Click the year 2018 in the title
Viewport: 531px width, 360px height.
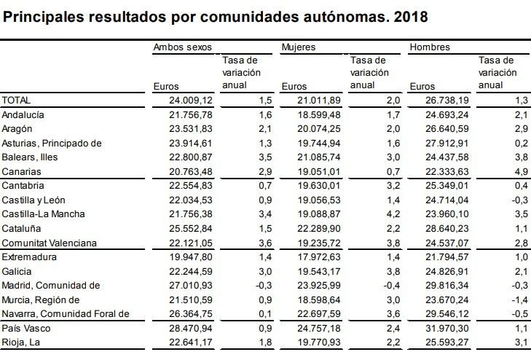pos(411,17)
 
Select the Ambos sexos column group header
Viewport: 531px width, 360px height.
pos(183,47)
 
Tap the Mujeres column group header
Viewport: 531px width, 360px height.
pos(299,47)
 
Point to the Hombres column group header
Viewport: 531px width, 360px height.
pos(430,47)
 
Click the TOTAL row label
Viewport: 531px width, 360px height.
pos(16,101)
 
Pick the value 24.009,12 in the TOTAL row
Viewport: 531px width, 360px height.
pos(191,101)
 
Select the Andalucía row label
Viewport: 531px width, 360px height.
pos(23,115)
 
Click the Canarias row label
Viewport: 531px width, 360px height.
pos(21,172)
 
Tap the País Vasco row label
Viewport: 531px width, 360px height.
pos(26,328)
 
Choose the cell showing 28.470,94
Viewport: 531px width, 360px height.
pos(191,328)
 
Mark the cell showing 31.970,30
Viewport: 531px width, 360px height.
pos(447,328)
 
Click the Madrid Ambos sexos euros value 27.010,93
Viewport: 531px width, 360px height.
pos(191,286)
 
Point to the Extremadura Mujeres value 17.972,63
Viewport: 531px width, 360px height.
pos(319,257)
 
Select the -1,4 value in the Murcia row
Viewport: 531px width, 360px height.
pos(519,300)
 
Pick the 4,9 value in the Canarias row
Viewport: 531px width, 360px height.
pos(522,172)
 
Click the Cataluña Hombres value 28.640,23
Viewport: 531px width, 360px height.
pos(447,229)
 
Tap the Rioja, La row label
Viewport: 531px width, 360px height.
pos(20,343)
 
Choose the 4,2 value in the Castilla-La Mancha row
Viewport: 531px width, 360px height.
pos(393,214)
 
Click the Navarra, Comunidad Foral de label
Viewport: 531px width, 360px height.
pos(66,314)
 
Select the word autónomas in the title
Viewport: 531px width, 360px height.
pos(347,17)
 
